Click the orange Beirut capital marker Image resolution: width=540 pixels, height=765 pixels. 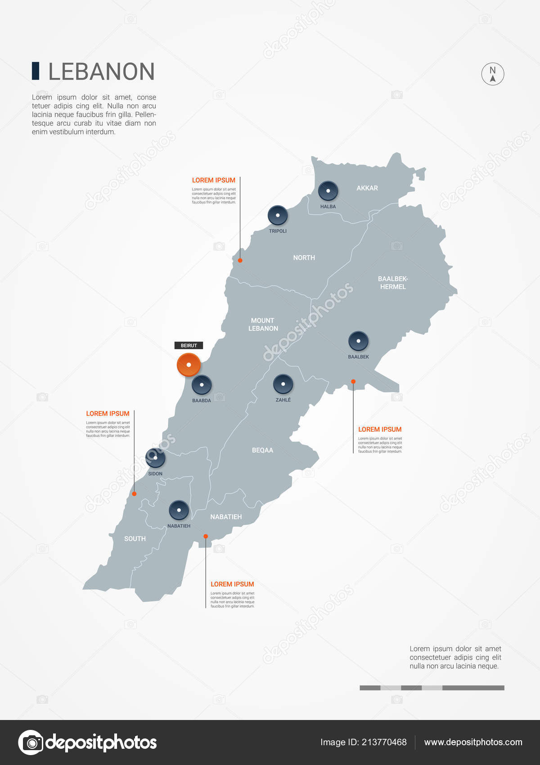click(x=189, y=364)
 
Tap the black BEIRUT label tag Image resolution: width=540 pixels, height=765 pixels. click(x=189, y=346)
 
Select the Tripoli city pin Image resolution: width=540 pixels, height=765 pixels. click(x=278, y=215)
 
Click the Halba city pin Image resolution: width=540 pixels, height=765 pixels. click(x=328, y=190)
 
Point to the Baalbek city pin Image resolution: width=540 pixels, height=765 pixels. click(x=358, y=341)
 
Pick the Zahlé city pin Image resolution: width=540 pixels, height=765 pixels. click(x=283, y=384)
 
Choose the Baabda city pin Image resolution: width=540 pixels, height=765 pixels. click(x=202, y=385)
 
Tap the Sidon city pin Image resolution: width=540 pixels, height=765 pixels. click(x=155, y=458)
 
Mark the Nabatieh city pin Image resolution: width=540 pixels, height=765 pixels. click(x=179, y=510)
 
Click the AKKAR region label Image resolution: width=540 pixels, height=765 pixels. click(x=367, y=188)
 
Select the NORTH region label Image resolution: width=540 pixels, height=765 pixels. click(x=304, y=258)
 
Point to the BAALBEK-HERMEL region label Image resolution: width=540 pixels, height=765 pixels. click(x=393, y=283)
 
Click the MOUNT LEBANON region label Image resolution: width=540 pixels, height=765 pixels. click(x=263, y=324)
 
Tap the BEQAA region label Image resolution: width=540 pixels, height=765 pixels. click(x=262, y=450)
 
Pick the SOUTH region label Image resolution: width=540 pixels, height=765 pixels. click(x=135, y=539)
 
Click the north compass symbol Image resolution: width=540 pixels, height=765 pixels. click(x=493, y=74)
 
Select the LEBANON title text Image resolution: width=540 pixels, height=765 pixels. click(x=101, y=72)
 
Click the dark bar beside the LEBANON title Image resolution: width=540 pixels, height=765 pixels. click(x=36, y=72)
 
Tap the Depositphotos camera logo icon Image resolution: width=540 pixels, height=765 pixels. click(x=31, y=742)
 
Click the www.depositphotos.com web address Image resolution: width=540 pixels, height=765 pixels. click(x=473, y=742)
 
